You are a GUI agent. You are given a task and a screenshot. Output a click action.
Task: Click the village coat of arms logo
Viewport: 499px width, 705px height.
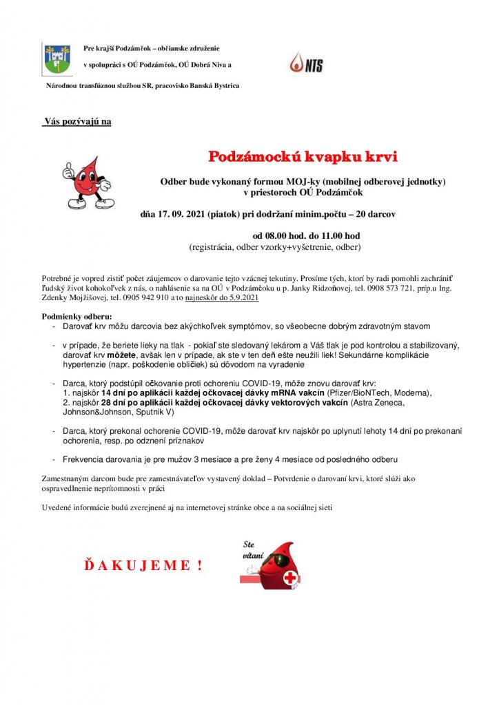click(x=56, y=58)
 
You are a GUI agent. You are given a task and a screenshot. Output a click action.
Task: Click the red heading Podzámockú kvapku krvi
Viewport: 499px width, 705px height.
click(x=303, y=156)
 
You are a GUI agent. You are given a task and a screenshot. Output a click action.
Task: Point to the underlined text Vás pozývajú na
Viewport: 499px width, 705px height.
click(x=77, y=122)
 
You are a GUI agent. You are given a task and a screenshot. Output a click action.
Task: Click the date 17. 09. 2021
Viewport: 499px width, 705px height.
click(x=183, y=214)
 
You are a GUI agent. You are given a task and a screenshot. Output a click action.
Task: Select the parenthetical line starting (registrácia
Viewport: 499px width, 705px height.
click(x=274, y=246)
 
